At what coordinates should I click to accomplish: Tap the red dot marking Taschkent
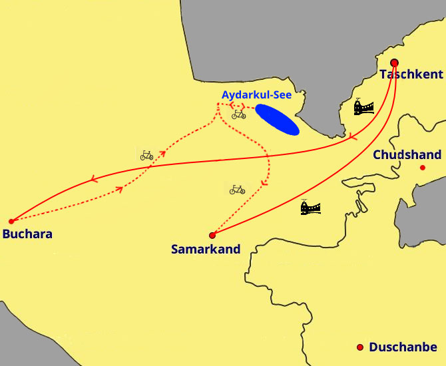point(394,63)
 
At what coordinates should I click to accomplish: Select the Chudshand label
point(407,155)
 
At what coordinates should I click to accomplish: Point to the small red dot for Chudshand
point(422,168)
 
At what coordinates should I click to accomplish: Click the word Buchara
point(27,234)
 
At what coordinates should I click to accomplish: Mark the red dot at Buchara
point(11,221)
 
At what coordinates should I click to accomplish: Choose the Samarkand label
point(205,250)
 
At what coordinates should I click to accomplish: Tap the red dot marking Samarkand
point(212,235)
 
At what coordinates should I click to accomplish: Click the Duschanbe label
point(403,347)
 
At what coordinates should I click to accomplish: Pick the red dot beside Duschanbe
point(360,347)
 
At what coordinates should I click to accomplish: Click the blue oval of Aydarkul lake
point(277,119)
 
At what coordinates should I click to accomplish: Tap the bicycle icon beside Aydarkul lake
point(238,114)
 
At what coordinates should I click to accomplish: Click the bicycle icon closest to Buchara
point(147,156)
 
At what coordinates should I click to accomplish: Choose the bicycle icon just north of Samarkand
point(238,190)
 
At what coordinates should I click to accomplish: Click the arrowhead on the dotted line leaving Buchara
point(120,189)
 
